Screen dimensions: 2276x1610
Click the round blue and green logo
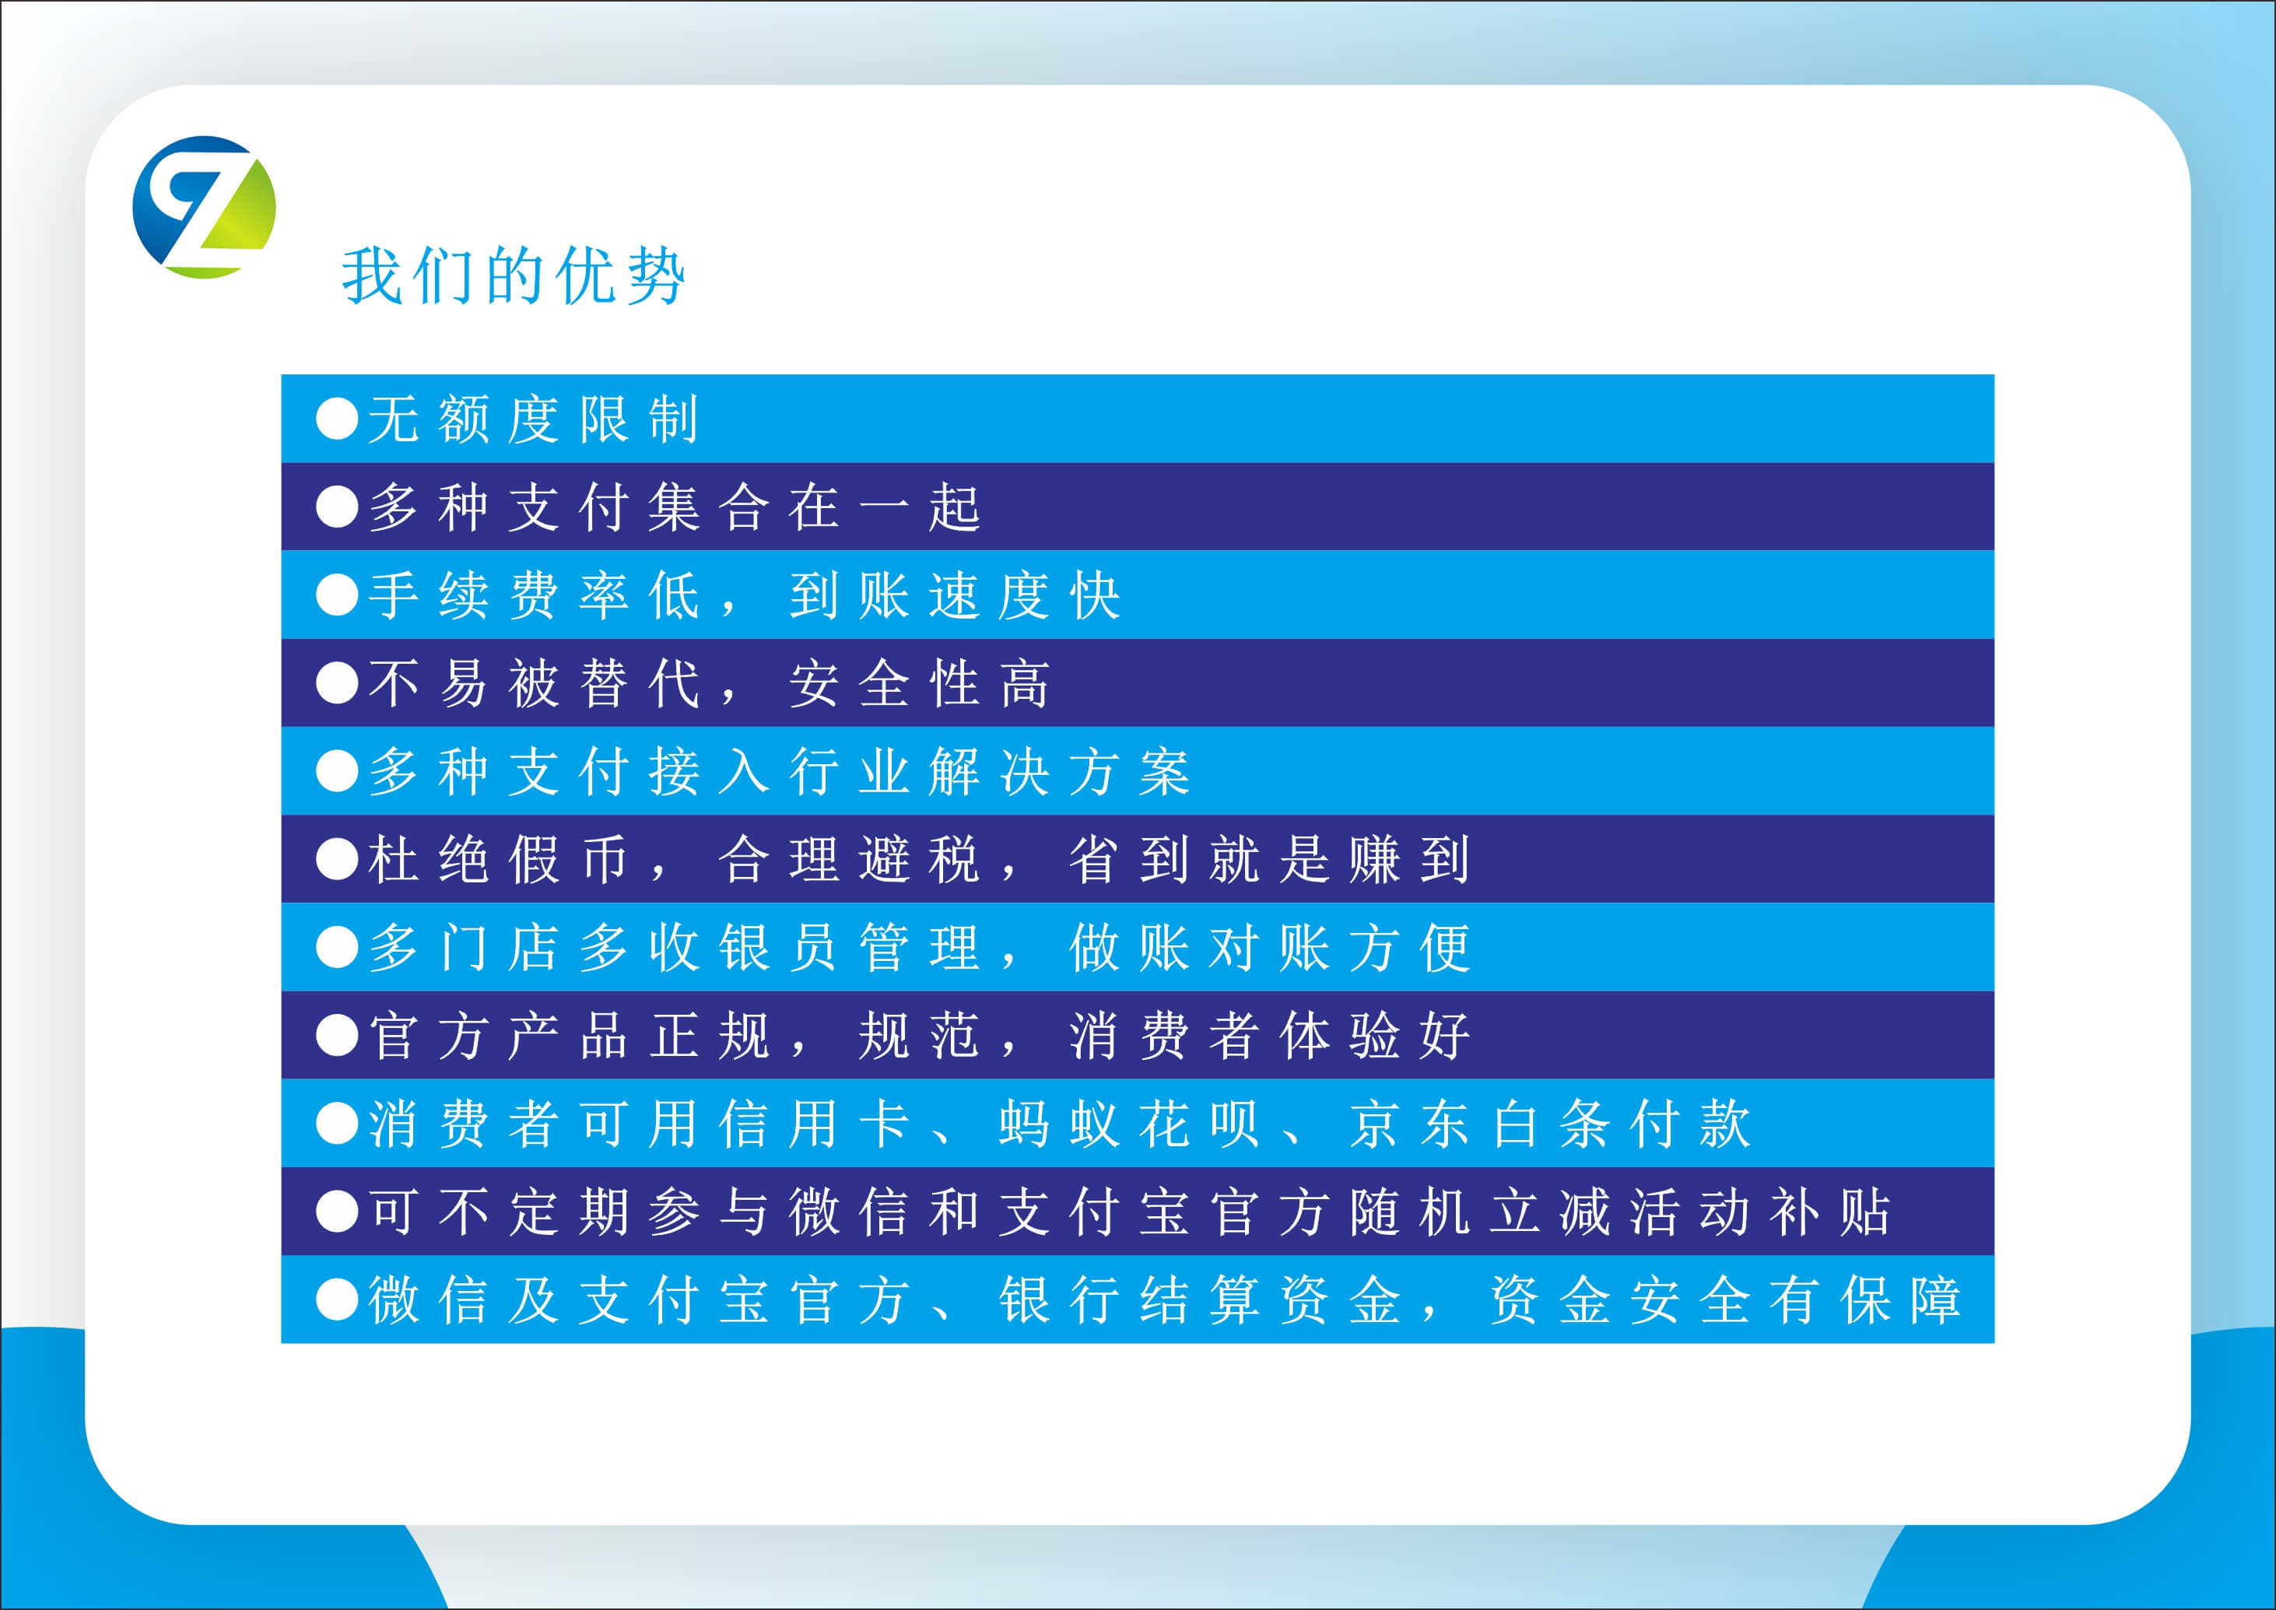point(204,207)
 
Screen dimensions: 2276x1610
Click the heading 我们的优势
point(514,275)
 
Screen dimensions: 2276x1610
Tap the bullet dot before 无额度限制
point(337,419)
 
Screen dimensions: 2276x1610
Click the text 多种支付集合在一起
point(674,507)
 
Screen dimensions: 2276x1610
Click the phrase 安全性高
point(920,683)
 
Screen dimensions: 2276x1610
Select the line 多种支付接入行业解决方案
point(779,771)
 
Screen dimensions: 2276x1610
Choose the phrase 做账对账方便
point(1270,947)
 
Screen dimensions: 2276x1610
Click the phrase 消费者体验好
point(1270,1035)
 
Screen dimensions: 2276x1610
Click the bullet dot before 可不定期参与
point(337,1212)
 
